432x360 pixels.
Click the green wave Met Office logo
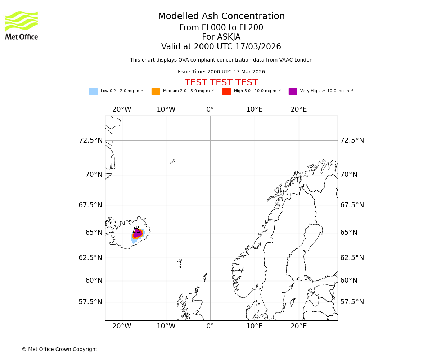[21, 21]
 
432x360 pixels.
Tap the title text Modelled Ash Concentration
[221, 17]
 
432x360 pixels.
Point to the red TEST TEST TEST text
[221, 83]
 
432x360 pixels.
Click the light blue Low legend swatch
[93, 91]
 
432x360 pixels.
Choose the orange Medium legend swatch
[156, 91]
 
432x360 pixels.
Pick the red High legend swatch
[226, 91]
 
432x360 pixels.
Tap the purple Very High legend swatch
[293, 91]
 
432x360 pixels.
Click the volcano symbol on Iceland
[136, 230]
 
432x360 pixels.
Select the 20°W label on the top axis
[122, 109]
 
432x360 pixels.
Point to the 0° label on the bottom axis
[210, 327]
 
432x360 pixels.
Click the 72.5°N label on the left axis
[90, 140]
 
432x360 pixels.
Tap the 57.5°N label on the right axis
[352, 302]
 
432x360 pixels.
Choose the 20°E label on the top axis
[299, 109]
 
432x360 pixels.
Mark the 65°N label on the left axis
[94, 233]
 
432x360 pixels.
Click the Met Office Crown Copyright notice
[59, 350]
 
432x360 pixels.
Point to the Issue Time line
[221, 72]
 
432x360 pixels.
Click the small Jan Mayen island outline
[173, 162]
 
